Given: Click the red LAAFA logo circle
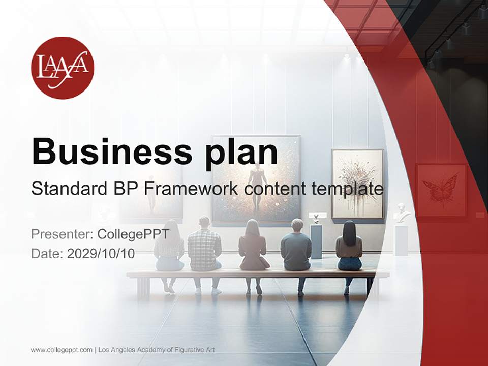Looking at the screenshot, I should (x=63, y=68).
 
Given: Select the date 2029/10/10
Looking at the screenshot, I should (x=101, y=254).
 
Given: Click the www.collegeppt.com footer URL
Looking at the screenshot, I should (x=62, y=350).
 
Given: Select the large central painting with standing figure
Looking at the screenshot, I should (x=256, y=179).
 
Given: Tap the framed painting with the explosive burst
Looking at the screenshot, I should (x=357, y=183).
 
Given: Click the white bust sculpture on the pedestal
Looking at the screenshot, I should (x=402, y=213).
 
